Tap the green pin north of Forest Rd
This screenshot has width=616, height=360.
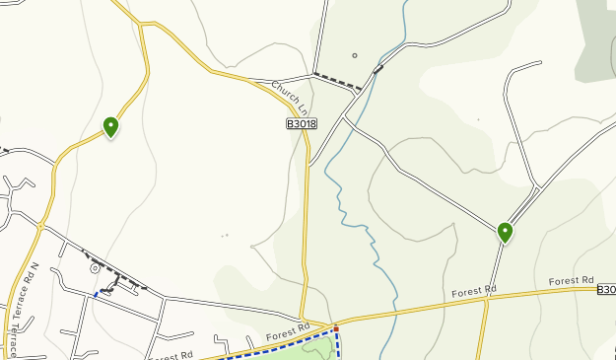(x=505, y=233)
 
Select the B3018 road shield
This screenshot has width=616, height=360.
(x=303, y=123)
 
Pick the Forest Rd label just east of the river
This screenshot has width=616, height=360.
(x=474, y=292)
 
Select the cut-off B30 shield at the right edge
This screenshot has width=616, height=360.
(x=606, y=289)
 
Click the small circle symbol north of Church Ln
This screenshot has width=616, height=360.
(x=355, y=55)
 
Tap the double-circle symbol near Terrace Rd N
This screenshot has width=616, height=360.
(x=95, y=267)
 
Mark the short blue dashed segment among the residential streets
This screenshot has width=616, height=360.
(x=97, y=293)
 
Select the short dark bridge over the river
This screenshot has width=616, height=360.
(x=378, y=69)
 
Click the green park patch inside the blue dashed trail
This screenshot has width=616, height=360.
(x=315, y=347)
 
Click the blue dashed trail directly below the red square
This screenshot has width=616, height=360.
(x=338, y=344)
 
